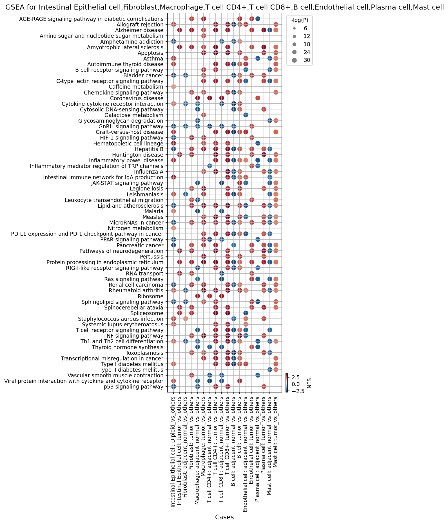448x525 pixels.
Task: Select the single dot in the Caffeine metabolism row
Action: (173, 87)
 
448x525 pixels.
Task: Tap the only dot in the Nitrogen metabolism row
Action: (173, 228)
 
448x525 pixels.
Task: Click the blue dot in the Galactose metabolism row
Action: (246, 115)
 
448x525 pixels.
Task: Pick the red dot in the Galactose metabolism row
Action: (204, 115)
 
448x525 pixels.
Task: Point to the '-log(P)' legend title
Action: (300, 20)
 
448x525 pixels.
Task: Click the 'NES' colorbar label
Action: (309, 383)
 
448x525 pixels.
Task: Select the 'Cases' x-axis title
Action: (224, 517)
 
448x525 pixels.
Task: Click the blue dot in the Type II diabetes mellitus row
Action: (269, 369)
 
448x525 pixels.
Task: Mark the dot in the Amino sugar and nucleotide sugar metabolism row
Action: (204, 36)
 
